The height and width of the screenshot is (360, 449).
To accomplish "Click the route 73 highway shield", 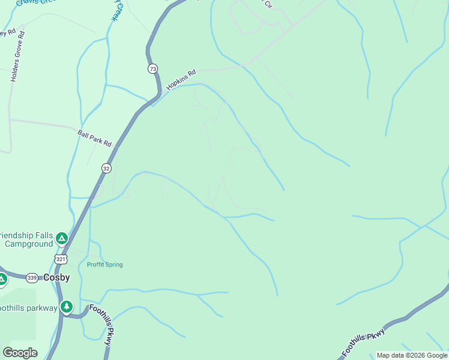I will (x=153, y=69).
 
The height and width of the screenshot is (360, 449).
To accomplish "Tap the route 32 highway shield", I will (x=106, y=168).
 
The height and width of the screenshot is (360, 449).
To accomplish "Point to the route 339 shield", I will (x=32, y=278).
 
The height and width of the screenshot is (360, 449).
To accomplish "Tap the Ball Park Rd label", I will (x=95, y=138).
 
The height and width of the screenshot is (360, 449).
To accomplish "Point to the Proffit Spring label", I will (x=104, y=265).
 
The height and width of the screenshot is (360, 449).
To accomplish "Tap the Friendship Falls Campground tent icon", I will (x=61, y=239).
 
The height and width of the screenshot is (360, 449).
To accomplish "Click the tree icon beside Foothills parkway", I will (x=66, y=308).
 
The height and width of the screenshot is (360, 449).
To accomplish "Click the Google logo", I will (x=20, y=353).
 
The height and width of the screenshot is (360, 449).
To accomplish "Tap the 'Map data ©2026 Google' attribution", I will (x=412, y=355).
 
